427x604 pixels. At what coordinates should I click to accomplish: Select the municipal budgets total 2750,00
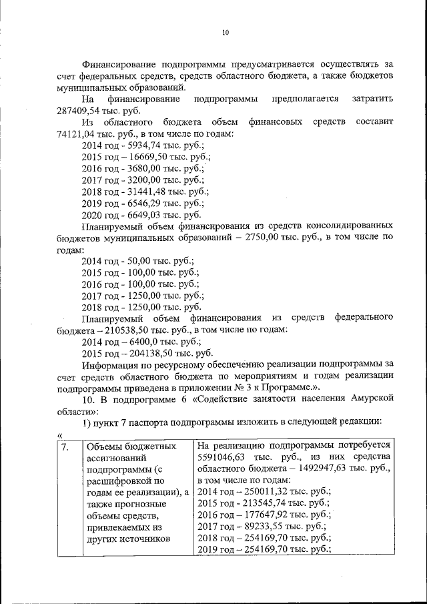(266, 238)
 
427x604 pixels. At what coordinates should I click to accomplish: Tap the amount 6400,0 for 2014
(146, 341)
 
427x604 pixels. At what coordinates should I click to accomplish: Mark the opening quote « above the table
(61, 434)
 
